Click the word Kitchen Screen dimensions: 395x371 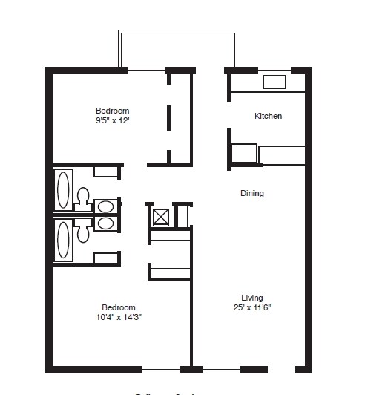(x=268, y=117)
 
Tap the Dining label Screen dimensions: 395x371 (x=252, y=194)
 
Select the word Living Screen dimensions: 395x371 (x=252, y=298)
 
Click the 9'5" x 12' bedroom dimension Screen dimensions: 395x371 (x=118, y=120)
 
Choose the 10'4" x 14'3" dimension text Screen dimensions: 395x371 (x=119, y=317)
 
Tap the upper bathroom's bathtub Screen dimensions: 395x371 (x=64, y=189)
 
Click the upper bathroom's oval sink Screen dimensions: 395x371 (x=106, y=206)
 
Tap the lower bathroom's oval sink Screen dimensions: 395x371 (x=106, y=222)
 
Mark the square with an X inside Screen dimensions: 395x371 (x=161, y=216)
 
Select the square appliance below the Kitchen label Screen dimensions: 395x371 (x=243, y=154)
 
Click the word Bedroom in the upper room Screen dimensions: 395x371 (x=118, y=111)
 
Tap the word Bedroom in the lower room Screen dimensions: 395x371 (x=119, y=307)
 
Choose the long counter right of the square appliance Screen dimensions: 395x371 (x=282, y=155)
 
